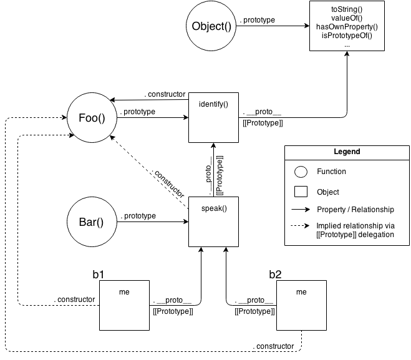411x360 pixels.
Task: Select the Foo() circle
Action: coord(92,117)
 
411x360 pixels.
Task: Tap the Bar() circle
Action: coord(92,222)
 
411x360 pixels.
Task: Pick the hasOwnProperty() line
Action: coord(346,27)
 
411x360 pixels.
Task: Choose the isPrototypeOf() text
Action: coord(346,36)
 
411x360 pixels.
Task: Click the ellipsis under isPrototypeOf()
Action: coord(346,45)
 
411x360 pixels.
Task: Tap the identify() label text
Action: coord(213,103)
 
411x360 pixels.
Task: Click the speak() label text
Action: coord(213,208)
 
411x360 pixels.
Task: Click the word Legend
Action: coord(347,152)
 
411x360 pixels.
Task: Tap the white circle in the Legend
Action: coord(301,172)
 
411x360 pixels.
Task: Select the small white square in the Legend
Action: coord(301,192)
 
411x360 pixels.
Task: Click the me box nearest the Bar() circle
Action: coord(124,309)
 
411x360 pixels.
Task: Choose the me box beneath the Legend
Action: coord(301,309)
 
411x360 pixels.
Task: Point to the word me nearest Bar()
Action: coord(124,292)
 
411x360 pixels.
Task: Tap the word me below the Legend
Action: coord(301,292)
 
